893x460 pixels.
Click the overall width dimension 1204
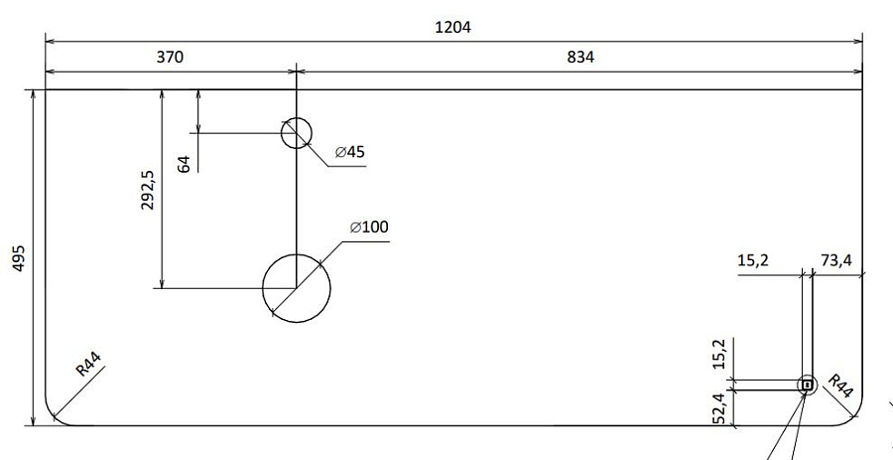pos(452,27)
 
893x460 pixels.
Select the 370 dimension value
pos(171,57)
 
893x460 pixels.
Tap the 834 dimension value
pos(580,57)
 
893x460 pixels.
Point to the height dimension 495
pos(19,258)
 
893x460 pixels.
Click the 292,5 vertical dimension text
pos(148,190)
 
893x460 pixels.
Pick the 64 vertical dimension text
pos(184,165)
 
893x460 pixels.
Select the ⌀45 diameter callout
pos(349,152)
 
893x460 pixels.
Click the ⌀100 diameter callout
pos(369,227)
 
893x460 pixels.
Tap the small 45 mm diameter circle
pos(297,118)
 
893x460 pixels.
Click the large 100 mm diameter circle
pos(297,254)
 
